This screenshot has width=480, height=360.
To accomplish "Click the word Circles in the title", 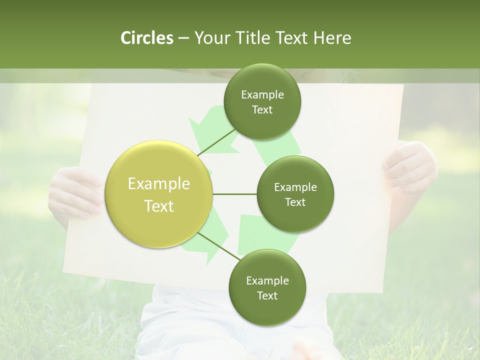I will tap(146, 38).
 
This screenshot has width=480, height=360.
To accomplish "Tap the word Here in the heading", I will tap(332, 38).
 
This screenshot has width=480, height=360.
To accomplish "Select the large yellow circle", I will tap(159, 194).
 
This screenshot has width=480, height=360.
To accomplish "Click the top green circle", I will tap(262, 101).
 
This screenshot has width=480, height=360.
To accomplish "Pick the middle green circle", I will tap(295, 194).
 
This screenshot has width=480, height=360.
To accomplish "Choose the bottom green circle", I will tap(267, 287).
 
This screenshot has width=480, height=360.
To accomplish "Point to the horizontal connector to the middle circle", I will tap(234, 194).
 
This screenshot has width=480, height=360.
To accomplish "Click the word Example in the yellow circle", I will tap(159, 184).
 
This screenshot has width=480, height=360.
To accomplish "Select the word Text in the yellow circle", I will tap(159, 206).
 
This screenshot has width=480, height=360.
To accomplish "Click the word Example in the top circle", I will tap(262, 95).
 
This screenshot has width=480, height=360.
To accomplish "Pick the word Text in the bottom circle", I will tap(267, 295).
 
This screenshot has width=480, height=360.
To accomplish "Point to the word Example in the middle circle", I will tap(295, 187).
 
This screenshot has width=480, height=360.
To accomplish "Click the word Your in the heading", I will tap(208, 38).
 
